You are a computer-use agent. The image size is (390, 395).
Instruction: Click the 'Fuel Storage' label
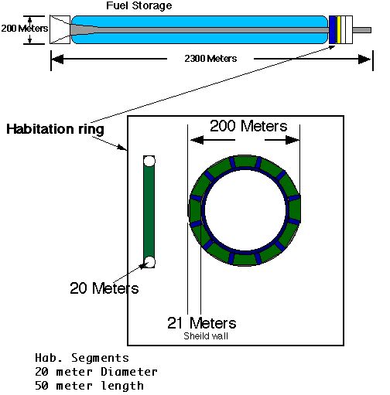pyautogui.click(x=139, y=5)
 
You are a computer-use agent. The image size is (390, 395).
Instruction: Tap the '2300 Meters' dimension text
pyautogui.click(x=210, y=59)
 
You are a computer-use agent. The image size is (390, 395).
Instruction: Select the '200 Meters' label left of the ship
pyautogui.click(x=25, y=29)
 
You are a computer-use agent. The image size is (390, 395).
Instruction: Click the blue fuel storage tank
pyautogui.click(x=199, y=22)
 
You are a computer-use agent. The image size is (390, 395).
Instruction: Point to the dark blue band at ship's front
pyautogui.click(x=333, y=29)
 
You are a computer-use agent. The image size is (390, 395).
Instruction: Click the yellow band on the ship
pyautogui.click(x=339, y=29)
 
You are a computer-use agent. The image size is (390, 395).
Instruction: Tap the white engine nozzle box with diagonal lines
pyautogui.click(x=60, y=29)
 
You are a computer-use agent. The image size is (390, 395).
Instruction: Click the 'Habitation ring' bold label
pyautogui.click(x=55, y=129)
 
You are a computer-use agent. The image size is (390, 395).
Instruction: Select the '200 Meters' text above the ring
pyautogui.click(x=248, y=126)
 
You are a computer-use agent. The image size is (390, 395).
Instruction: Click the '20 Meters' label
pyautogui.click(x=104, y=288)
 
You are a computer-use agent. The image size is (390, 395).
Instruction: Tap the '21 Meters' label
pyautogui.click(x=202, y=323)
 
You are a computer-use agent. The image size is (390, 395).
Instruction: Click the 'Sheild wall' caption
pyautogui.click(x=206, y=336)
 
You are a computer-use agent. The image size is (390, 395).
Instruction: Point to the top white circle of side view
pyautogui.click(x=149, y=161)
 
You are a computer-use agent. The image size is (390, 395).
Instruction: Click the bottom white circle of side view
pyautogui.click(x=149, y=262)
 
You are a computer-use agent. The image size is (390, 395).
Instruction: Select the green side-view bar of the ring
pyautogui.click(x=149, y=212)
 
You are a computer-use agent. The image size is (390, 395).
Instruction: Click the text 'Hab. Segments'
pyautogui.click(x=82, y=358)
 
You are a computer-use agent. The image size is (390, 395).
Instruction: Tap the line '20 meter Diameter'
pyautogui.click(x=96, y=372)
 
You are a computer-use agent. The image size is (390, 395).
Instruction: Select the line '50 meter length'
pyautogui.click(x=89, y=386)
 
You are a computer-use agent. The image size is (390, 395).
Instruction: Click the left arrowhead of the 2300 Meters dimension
pyautogui.click(x=57, y=59)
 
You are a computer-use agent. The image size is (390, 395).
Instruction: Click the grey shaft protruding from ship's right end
pyautogui.click(x=362, y=30)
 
